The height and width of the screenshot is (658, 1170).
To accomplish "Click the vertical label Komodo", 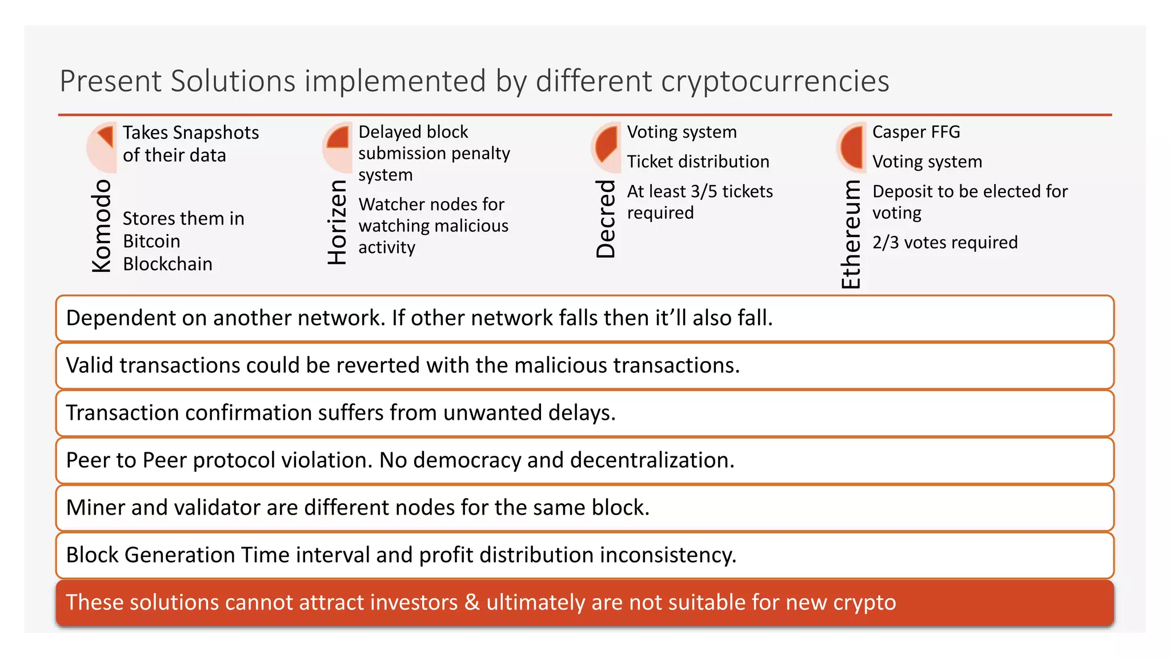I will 101,226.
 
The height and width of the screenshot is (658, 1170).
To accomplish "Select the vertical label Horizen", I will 337,222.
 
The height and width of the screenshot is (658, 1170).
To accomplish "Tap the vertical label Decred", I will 606,219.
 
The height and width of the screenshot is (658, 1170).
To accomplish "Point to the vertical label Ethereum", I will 851,234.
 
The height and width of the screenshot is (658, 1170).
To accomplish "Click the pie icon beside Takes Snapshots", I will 102,147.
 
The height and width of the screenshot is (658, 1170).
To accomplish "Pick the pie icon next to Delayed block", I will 337,147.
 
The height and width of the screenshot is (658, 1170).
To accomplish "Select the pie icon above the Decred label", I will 606,147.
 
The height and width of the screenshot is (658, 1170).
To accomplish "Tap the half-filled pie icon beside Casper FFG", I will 851,147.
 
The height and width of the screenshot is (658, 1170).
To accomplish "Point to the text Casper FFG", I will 916,132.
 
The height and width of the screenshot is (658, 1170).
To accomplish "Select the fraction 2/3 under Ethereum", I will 885,243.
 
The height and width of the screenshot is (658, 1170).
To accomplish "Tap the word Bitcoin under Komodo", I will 151,241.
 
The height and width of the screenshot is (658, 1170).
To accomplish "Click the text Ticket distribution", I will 698,162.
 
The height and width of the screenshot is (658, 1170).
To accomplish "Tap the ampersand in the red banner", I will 472,603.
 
